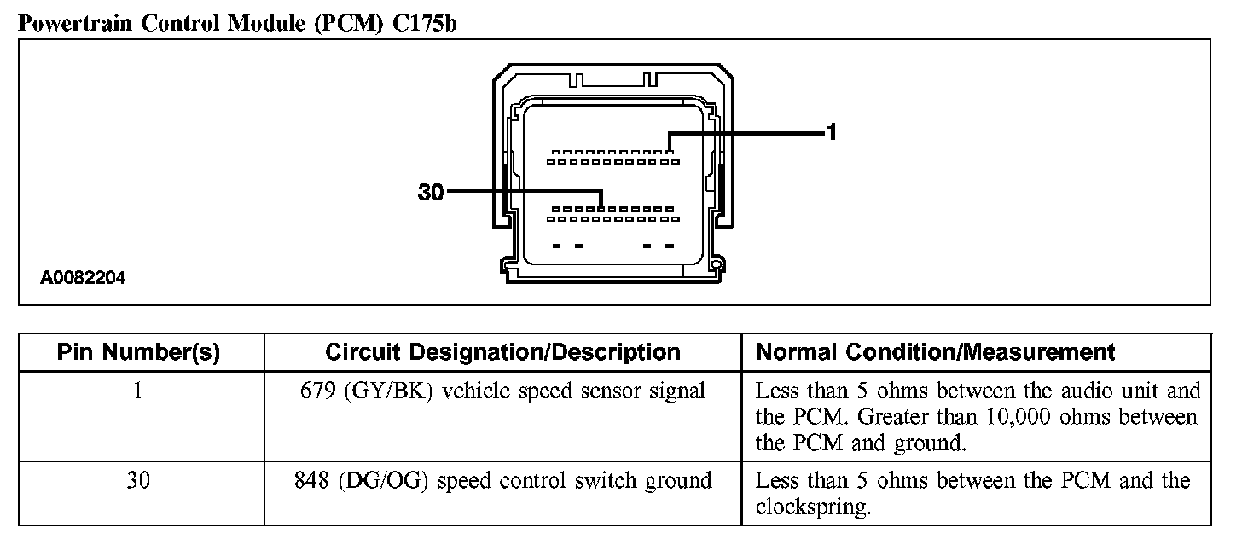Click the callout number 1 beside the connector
(832, 132)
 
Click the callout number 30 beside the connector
(431, 193)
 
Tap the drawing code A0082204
(83, 277)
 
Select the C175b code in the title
(425, 23)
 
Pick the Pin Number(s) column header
(138, 352)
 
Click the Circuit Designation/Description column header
(502, 352)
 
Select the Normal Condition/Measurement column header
(936, 352)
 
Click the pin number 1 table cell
(138, 391)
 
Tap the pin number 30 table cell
(138, 481)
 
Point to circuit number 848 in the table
(311, 481)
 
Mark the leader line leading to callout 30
(520, 192)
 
